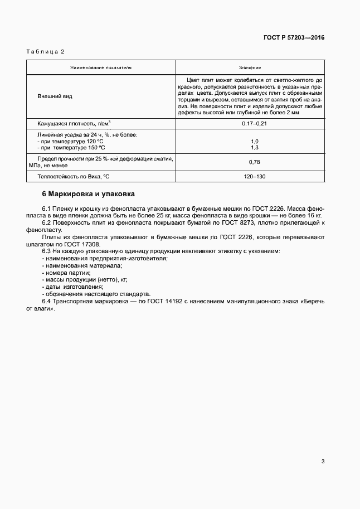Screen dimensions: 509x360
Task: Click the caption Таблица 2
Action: coord(46,52)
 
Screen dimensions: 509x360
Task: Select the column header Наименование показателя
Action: coord(101,67)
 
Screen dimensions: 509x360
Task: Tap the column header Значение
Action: coord(250,67)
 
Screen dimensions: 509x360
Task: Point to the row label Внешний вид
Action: coord(55,96)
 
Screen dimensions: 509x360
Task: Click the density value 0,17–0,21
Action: coord(250,123)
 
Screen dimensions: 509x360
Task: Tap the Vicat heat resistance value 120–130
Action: coord(250,176)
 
